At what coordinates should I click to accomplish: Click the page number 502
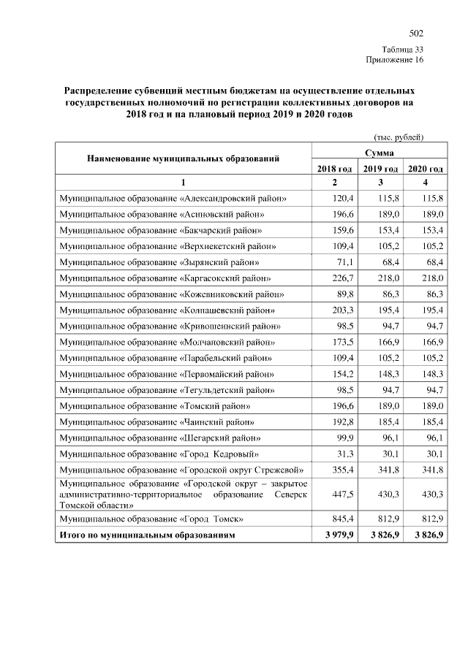(416, 34)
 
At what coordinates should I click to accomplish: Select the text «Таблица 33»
(403, 49)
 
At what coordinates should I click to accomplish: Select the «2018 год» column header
(334, 169)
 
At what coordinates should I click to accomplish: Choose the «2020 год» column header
(425, 169)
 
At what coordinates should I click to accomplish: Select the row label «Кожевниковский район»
(172, 294)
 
